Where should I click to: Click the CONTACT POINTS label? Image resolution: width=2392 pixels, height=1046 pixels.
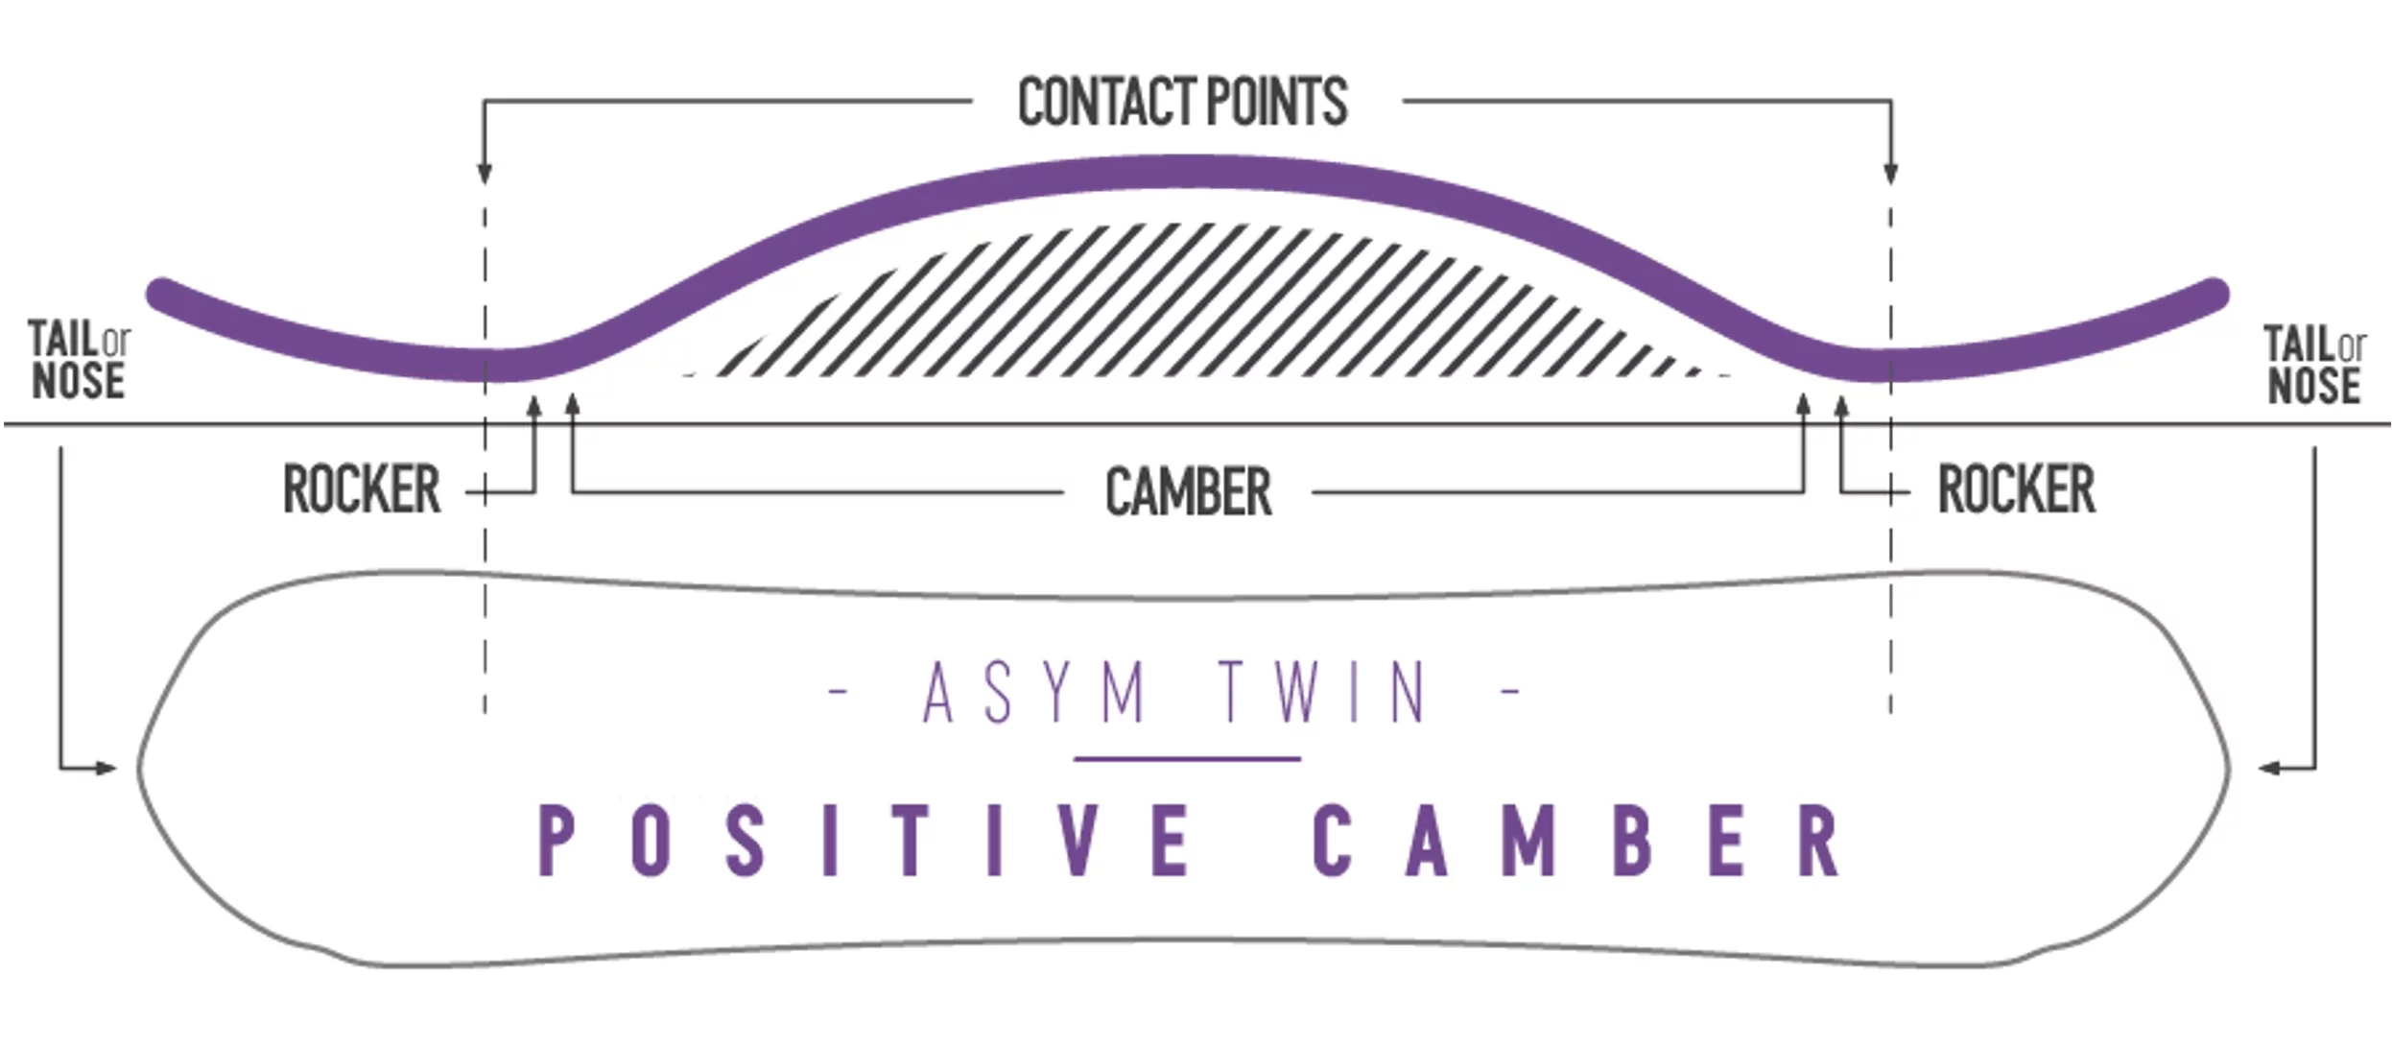pyautogui.click(x=1182, y=102)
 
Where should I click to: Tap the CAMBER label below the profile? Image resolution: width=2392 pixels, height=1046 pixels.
pyautogui.click(x=1188, y=492)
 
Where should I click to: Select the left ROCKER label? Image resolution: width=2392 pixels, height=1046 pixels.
pyautogui.click(x=362, y=489)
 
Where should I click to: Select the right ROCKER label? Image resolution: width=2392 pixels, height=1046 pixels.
pyautogui.click(x=2016, y=489)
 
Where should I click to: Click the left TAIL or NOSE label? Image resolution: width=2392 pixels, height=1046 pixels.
pyautogui.click(x=79, y=360)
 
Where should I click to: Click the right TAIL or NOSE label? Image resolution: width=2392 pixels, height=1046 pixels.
pyautogui.click(x=2314, y=365)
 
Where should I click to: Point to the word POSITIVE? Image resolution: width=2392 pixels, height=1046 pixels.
pyautogui.click(x=864, y=840)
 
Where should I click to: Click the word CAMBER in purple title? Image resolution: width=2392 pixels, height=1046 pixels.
pyautogui.click(x=1575, y=840)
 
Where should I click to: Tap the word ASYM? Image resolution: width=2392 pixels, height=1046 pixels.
pyautogui.click(x=1034, y=692)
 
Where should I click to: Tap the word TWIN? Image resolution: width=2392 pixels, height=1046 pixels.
pyautogui.click(x=1322, y=692)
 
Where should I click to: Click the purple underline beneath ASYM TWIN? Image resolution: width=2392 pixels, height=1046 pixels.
pyautogui.click(x=1187, y=759)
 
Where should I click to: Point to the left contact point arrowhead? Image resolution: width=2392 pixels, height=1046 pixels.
pyautogui.click(x=485, y=174)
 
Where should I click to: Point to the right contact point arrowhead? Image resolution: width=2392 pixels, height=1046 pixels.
pyautogui.click(x=1890, y=174)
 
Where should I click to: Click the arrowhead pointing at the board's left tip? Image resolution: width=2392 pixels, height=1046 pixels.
pyautogui.click(x=106, y=768)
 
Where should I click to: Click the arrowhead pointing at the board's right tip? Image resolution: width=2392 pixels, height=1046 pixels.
pyautogui.click(x=2270, y=768)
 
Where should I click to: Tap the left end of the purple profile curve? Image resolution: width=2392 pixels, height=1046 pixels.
pyautogui.click(x=161, y=291)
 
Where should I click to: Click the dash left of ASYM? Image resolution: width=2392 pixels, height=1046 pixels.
pyautogui.click(x=838, y=690)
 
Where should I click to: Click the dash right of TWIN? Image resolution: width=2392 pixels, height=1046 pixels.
pyautogui.click(x=1510, y=690)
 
